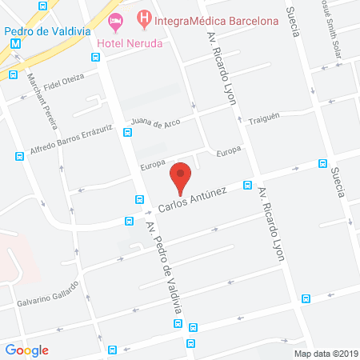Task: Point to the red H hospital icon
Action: [x=144, y=17]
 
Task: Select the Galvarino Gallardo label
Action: [x=47, y=294]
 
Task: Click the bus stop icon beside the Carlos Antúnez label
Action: [x=249, y=186]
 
